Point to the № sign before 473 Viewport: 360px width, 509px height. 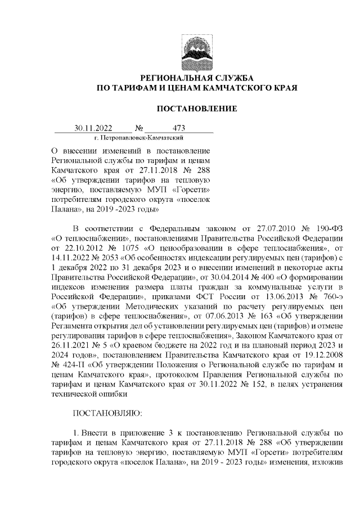[139, 128]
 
